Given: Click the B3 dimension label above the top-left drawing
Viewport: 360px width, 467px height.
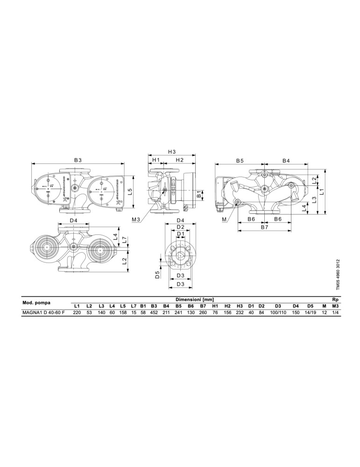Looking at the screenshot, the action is pos(78,160).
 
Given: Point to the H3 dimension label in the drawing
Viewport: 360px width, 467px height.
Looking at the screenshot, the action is pos(172,152).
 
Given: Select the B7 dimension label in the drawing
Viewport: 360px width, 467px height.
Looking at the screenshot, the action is pos(265,227).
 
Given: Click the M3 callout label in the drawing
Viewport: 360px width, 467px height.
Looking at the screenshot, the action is pos(136,219).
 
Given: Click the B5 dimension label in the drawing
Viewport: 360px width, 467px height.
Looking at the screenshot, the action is pos(240,161).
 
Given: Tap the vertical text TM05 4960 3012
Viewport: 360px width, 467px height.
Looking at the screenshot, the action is pos(338,274).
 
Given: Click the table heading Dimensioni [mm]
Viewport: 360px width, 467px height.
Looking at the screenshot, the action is pos(195,299).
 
